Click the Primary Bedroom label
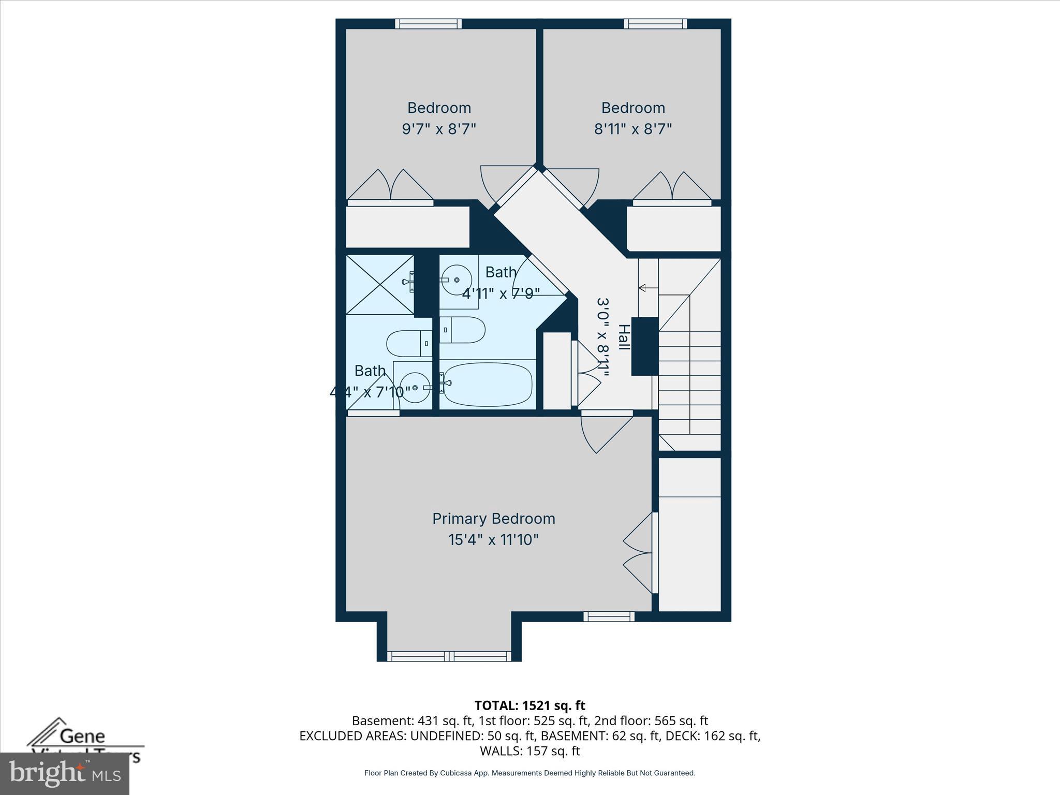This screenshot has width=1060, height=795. (x=493, y=519)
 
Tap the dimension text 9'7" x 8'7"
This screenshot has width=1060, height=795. (x=439, y=129)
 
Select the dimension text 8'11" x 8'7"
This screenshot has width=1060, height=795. (x=632, y=129)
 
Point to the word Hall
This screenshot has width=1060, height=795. (x=624, y=337)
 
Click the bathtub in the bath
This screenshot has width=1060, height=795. (x=488, y=384)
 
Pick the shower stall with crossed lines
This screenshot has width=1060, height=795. (x=379, y=284)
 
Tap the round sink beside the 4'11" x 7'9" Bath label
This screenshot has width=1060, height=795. (x=457, y=279)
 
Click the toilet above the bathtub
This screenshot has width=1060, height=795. (x=463, y=330)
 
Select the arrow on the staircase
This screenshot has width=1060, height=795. (x=643, y=288)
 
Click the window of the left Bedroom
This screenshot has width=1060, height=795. (x=428, y=24)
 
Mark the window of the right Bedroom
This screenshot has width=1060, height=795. (x=655, y=24)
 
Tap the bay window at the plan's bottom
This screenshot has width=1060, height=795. (x=449, y=656)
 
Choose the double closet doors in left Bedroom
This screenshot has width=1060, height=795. (x=390, y=186)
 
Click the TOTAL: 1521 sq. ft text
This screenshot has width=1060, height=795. (x=529, y=705)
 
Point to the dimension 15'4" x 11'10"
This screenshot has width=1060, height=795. (x=493, y=540)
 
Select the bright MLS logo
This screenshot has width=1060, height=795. (x=64, y=773)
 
